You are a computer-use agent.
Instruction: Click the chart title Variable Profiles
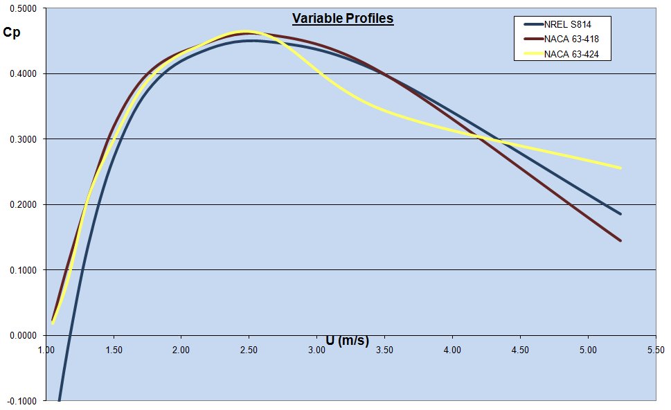[342, 19]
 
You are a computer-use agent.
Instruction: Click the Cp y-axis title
[11, 31]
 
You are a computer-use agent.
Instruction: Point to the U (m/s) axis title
[348, 340]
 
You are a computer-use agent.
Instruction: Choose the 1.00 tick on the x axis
[46, 350]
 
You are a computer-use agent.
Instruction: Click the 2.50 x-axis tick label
[249, 350]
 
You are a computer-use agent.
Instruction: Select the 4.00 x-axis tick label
[452, 350]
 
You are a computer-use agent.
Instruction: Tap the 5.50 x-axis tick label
[655, 350]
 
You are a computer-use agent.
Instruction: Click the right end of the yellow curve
[620, 168]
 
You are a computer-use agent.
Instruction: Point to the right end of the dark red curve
[620, 240]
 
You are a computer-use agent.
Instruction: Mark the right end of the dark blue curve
[620, 214]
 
